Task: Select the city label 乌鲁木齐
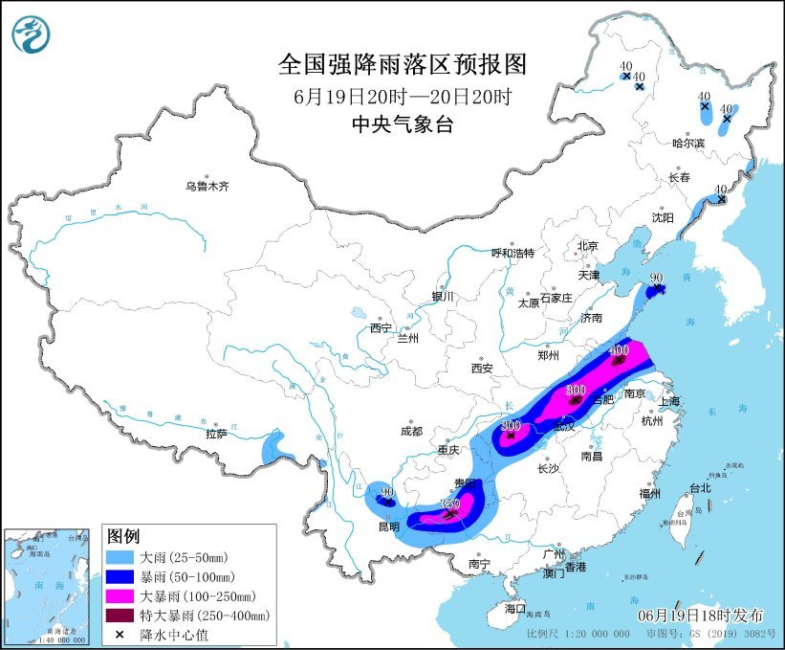(x=207, y=186)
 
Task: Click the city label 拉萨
(x=216, y=433)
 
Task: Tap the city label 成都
(x=412, y=430)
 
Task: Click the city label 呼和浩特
(x=512, y=253)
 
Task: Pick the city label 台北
(x=701, y=488)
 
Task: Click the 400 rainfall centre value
(x=619, y=350)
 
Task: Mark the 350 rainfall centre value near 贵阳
(x=449, y=504)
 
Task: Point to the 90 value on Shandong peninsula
(x=656, y=278)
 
